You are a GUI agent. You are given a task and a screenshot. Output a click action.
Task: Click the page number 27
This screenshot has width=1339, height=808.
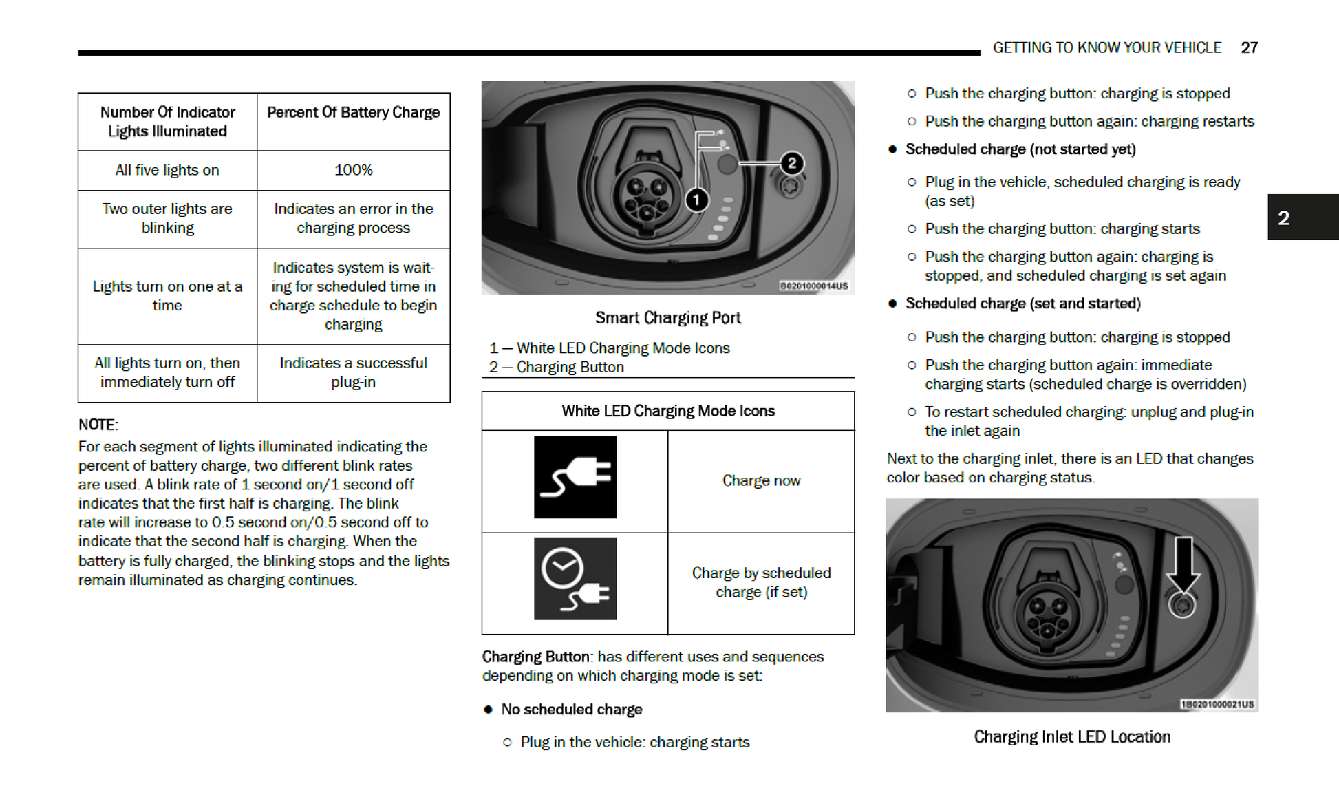pyautogui.click(x=1249, y=47)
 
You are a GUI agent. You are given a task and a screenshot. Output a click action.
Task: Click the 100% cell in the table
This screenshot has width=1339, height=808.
pyautogui.click(x=353, y=170)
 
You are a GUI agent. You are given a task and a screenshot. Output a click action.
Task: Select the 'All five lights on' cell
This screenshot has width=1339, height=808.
pyautogui.click(x=167, y=170)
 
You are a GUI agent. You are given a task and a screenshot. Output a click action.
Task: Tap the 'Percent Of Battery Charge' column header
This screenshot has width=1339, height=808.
pyautogui.click(x=353, y=112)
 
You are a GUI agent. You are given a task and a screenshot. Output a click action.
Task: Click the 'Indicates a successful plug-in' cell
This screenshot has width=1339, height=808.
pyautogui.click(x=353, y=372)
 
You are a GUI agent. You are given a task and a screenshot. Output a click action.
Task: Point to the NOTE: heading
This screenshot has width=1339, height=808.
pyautogui.click(x=98, y=425)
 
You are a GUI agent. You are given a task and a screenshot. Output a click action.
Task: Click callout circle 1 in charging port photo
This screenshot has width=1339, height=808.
pyautogui.click(x=696, y=200)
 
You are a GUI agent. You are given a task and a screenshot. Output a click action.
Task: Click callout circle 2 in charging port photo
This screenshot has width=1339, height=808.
pyautogui.click(x=791, y=163)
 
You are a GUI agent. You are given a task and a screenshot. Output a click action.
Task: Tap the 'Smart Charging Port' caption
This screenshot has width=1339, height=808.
pyautogui.click(x=667, y=318)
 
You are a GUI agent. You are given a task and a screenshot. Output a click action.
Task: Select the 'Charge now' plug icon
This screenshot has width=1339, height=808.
pyautogui.click(x=575, y=477)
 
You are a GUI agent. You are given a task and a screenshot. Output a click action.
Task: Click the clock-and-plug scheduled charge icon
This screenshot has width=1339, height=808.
pyautogui.click(x=575, y=579)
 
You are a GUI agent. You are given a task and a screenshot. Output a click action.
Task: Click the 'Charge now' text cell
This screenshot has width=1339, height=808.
pyautogui.click(x=761, y=480)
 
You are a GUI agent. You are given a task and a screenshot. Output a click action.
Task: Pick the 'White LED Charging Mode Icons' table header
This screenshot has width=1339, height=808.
pyautogui.click(x=667, y=411)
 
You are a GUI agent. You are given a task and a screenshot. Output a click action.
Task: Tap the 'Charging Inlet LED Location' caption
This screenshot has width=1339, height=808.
pyautogui.click(x=1071, y=737)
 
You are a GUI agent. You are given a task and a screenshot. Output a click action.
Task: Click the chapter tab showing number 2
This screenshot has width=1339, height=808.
pyautogui.click(x=1302, y=217)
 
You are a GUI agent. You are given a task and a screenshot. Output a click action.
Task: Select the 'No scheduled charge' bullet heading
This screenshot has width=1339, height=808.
pyautogui.click(x=571, y=710)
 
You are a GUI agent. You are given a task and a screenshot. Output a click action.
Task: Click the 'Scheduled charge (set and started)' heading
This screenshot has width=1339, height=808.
pyautogui.click(x=1022, y=304)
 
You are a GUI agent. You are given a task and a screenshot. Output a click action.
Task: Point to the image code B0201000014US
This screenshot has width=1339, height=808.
pyautogui.click(x=813, y=286)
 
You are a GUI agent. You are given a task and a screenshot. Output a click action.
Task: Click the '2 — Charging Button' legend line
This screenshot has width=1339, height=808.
pyautogui.click(x=557, y=368)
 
